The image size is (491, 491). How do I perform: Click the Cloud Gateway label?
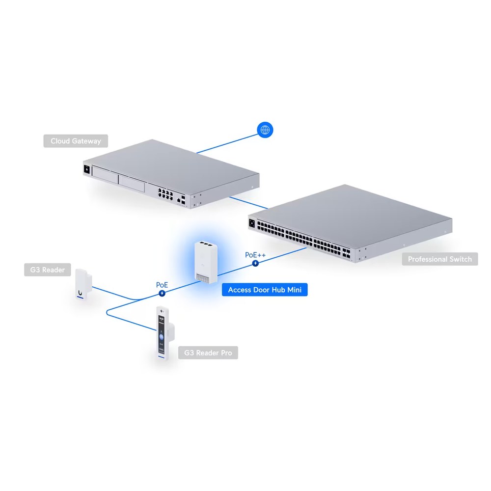coord(76,141)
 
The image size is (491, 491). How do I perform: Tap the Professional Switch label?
coord(439,259)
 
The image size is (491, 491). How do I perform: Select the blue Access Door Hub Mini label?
coord(265,290)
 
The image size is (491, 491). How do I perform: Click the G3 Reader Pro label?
coord(208,353)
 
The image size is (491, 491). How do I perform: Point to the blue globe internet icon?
coord(265,130)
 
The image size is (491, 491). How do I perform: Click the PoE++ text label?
coord(255,255)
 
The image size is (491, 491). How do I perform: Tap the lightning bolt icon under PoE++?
coord(255,263)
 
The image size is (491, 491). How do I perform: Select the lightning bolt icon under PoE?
coord(162,294)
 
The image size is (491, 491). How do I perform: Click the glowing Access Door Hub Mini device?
coord(206,262)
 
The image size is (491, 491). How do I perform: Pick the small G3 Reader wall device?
coord(83,284)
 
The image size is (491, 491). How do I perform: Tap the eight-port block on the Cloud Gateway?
coord(165,194)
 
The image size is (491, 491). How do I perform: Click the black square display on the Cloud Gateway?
coord(87,170)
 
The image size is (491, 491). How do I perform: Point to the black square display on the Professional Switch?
coord(252,223)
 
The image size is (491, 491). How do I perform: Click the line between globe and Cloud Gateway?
coord(227,144)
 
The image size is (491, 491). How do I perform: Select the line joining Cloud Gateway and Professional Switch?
coord(248,203)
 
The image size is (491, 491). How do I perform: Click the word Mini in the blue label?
coord(294,290)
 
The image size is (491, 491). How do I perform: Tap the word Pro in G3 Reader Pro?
coord(226,353)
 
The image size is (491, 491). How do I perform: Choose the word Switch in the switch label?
coord(461,259)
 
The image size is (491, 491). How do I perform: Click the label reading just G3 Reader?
coord(48,270)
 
